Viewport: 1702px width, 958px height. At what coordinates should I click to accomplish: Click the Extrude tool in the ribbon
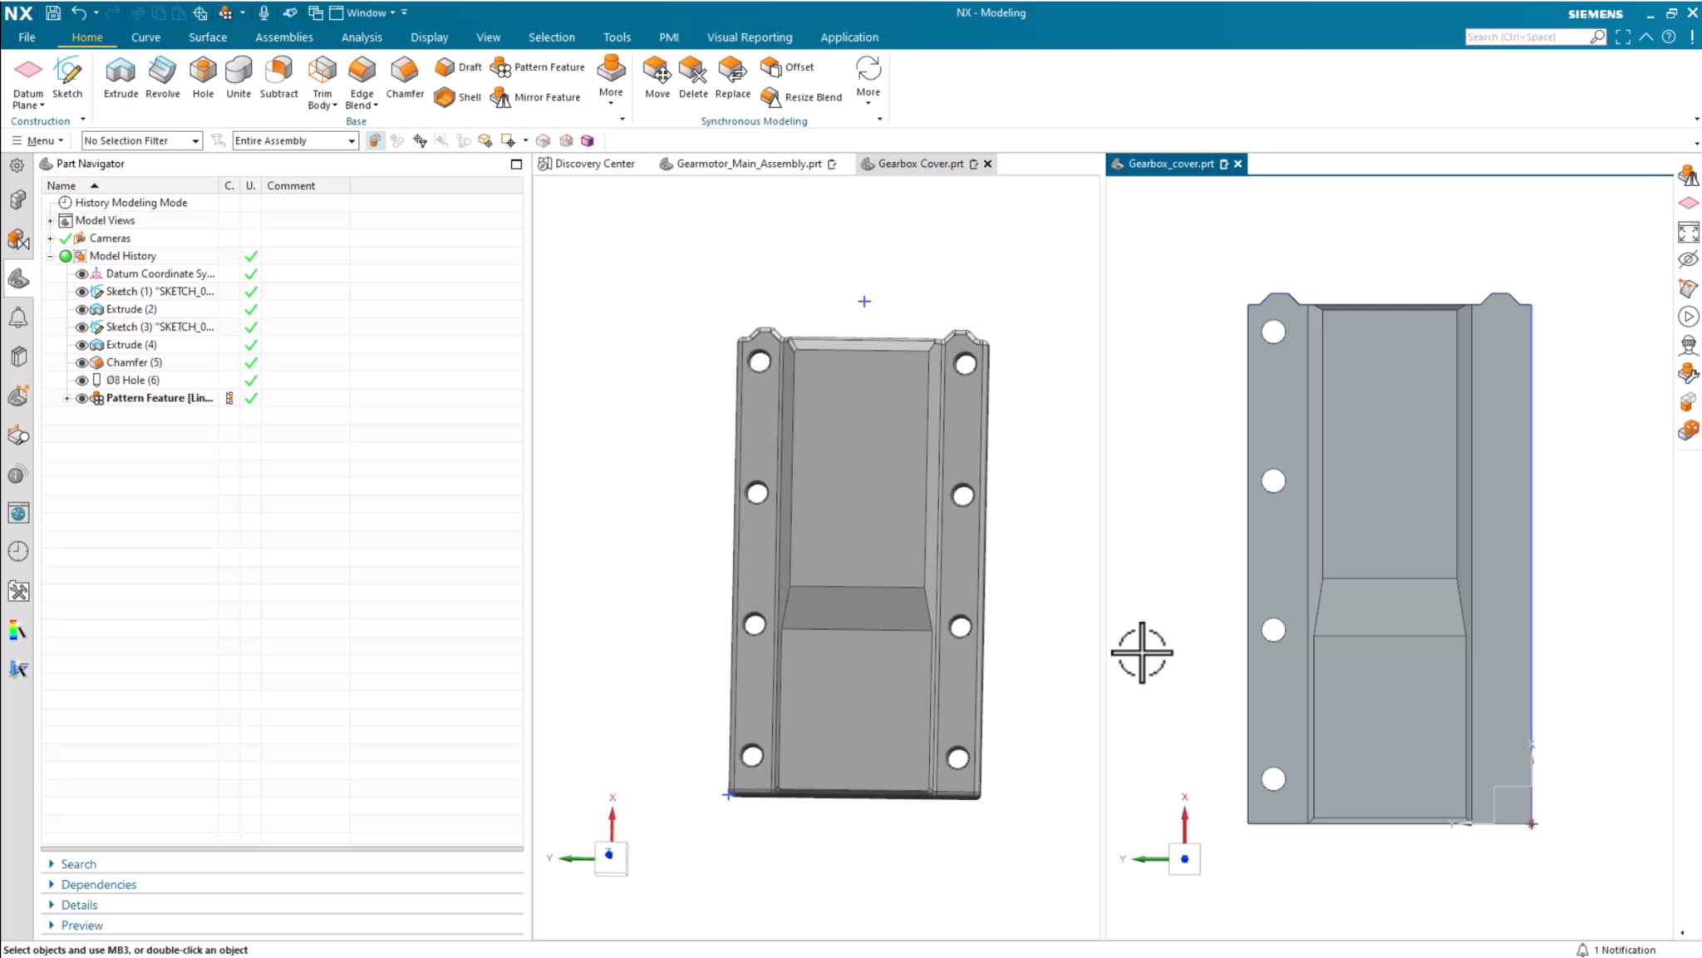click(121, 77)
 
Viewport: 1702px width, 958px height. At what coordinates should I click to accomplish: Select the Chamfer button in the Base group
click(405, 77)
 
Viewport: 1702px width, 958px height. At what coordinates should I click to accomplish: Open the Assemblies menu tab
click(283, 37)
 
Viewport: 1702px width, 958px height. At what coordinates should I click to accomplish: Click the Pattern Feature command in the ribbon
click(539, 67)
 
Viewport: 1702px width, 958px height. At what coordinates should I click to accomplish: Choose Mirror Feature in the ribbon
click(537, 97)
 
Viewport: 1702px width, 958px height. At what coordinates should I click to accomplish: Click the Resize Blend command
click(803, 97)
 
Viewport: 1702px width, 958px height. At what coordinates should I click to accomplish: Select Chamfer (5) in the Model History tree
click(134, 362)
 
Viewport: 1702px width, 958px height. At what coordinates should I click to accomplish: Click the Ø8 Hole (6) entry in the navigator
click(132, 380)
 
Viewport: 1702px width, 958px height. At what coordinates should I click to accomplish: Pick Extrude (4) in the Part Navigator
click(131, 345)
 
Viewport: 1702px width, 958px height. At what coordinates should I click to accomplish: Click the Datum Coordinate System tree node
click(160, 273)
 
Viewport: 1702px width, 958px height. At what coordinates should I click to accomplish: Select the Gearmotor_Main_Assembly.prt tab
click(748, 164)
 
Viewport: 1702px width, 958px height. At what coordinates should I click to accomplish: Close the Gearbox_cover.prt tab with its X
click(1238, 164)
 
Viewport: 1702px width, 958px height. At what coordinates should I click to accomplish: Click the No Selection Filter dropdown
click(141, 140)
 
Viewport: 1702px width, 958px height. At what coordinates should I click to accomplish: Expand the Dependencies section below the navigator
click(98, 885)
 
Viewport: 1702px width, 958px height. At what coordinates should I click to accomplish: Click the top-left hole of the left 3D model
click(760, 361)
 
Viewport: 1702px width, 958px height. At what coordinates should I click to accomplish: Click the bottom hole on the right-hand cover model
click(1273, 779)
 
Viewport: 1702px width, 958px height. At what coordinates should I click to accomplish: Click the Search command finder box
click(1527, 37)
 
